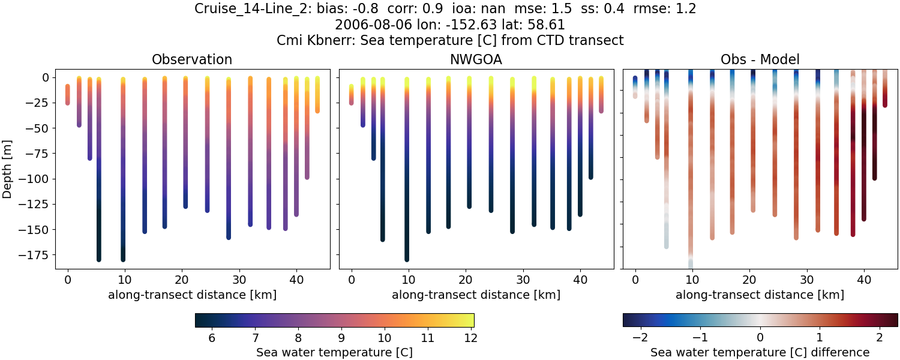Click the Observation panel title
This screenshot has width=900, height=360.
[x=191, y=59]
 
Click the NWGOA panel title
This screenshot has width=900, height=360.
[x=476, y=59]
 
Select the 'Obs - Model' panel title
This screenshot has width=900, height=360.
[x=760, y=59]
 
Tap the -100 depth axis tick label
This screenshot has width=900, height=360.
[x=37, y=179]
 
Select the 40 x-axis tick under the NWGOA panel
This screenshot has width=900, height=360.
[x=580, y=279]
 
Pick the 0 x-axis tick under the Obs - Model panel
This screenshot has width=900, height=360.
[x=635, y=279]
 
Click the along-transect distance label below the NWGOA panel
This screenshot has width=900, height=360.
[x=476, y=295]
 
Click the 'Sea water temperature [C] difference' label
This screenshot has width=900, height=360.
[x=760, y=352]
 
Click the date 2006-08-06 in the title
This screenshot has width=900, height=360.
[x=365, y=25]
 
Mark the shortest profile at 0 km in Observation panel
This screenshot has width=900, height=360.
[x=67, y=95]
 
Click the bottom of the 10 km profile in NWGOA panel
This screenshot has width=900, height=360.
[x=406, y=259]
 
